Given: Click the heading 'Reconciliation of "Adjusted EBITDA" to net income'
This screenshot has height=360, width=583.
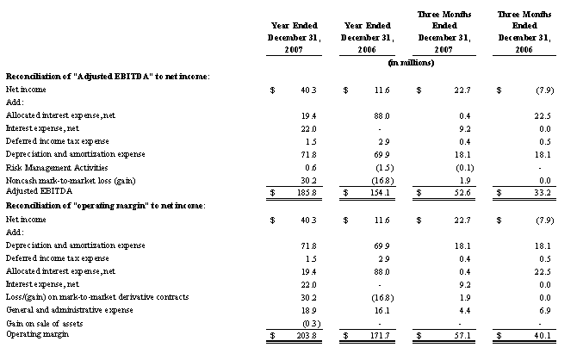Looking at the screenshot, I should click(x=108, y=77).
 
